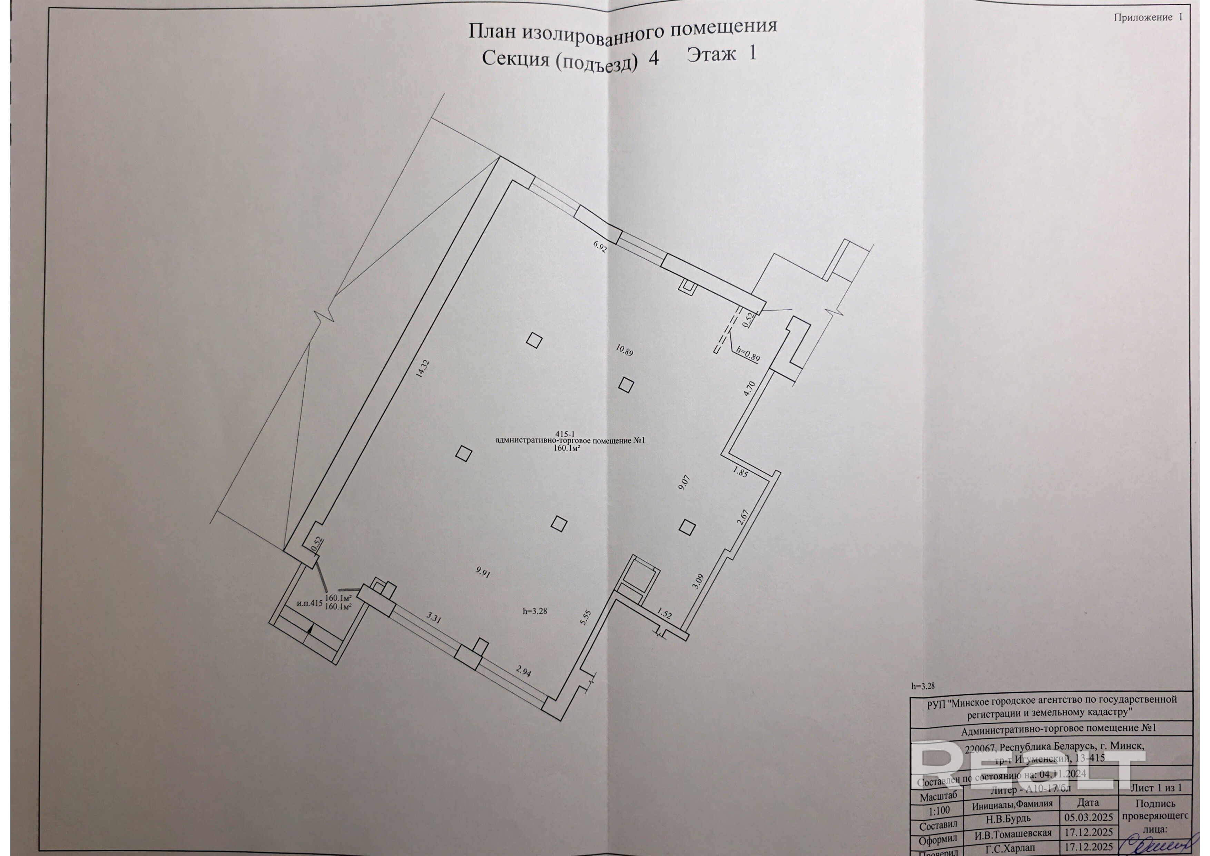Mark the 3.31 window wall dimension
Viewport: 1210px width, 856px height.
[433, 617]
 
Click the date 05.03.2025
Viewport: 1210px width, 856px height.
[1088, 817]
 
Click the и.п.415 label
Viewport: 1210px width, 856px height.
[309, 604]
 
